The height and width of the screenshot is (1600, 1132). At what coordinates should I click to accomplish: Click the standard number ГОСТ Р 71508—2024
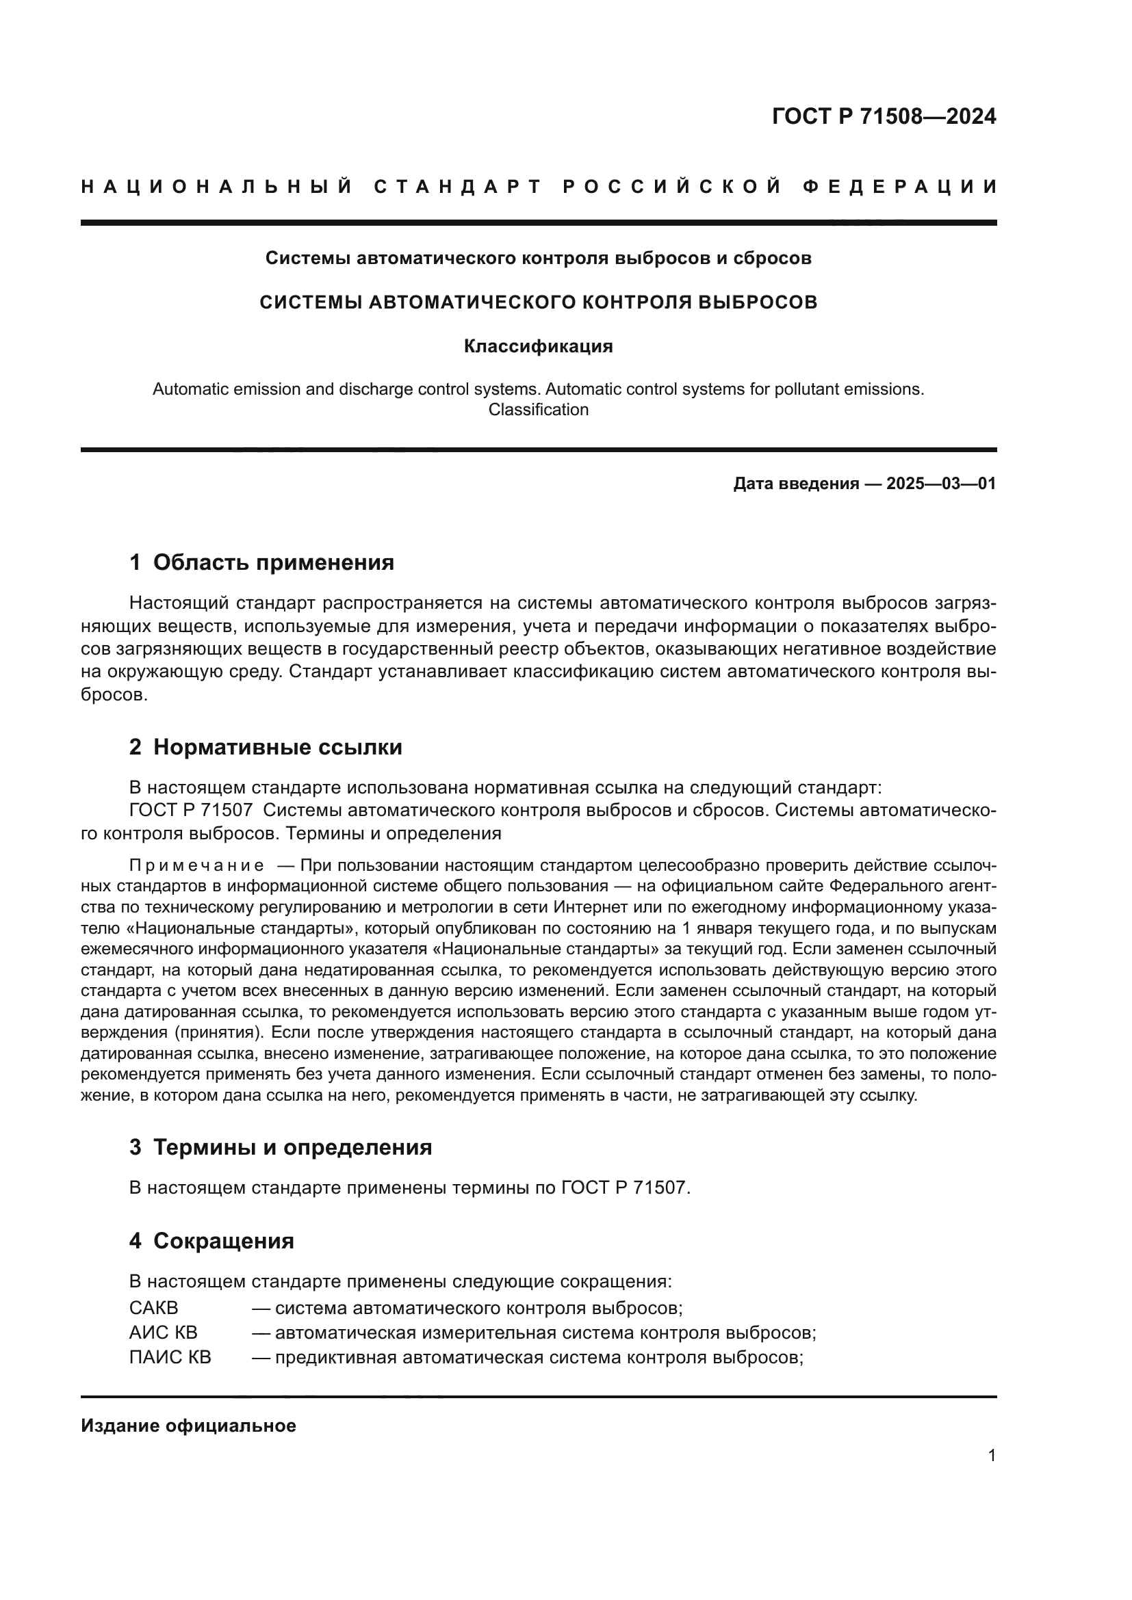883,116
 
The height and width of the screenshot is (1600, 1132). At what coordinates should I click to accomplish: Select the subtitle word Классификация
538,346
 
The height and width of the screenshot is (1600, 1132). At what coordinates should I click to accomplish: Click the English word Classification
538,410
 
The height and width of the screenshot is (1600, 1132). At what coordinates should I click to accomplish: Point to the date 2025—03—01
941,484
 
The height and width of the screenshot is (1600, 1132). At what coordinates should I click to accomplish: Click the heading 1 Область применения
261,562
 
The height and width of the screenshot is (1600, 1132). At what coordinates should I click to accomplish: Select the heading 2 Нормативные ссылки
266,747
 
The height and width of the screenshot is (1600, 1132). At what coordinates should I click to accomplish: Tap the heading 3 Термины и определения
280,1147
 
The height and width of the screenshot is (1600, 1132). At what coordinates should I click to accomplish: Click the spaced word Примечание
196,866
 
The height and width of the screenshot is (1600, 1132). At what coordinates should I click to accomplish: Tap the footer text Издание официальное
188,1426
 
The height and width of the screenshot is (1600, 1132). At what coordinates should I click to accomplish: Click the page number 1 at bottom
991,1456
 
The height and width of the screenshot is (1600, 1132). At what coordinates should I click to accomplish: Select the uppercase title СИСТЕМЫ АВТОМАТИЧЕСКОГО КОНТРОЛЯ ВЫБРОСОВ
538,302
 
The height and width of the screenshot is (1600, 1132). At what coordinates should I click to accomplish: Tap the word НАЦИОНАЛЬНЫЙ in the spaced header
218,187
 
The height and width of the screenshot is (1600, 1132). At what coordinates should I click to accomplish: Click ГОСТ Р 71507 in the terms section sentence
623,1188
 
